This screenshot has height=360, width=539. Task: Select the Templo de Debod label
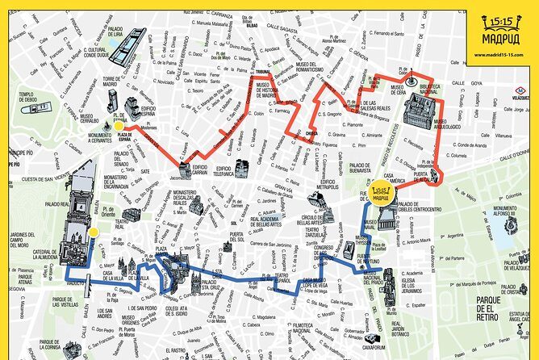pos(26,98)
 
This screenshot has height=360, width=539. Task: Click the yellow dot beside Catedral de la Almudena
pos(93,232)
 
